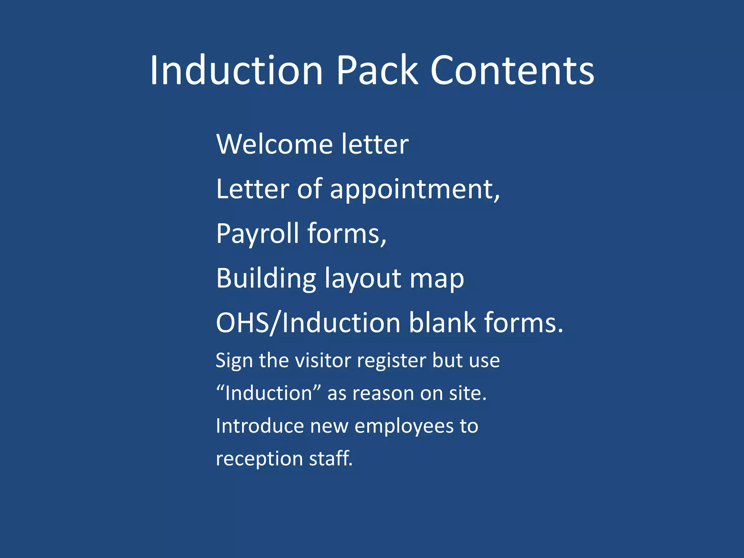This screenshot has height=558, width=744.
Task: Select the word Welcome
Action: coord(274,144)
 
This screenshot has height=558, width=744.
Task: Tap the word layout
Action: coord(363,279)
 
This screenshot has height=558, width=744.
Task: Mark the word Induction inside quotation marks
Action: coord(268,393)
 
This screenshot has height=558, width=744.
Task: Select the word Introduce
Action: coord(260,426)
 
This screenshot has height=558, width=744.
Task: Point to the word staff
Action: coord(331,458)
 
